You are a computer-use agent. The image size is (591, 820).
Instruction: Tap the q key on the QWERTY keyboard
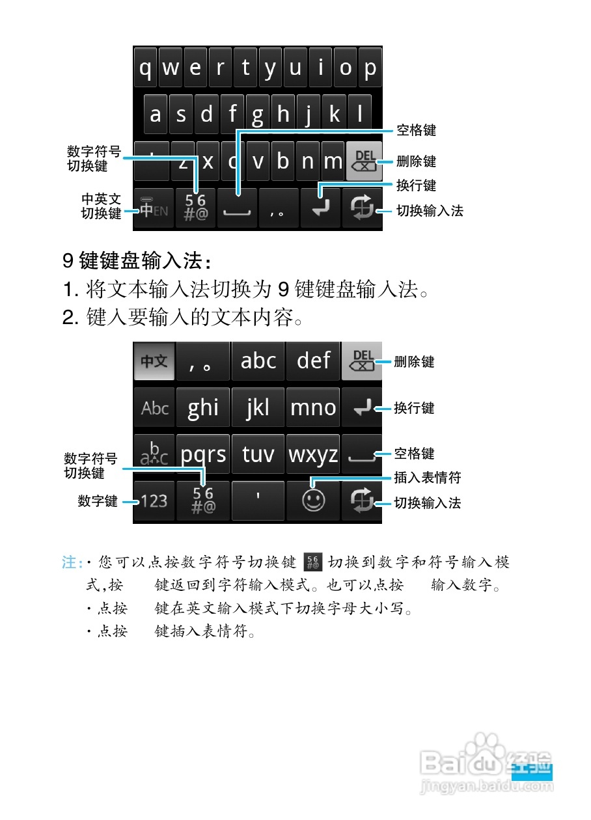tap(146, 67)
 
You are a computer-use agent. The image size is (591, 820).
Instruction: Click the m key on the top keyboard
tap(333, 161)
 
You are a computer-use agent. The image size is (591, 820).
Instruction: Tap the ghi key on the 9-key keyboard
tap(203, 408)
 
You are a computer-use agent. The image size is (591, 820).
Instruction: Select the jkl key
tap(258, 408)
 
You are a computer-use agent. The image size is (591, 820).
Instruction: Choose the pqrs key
tap(203, 454)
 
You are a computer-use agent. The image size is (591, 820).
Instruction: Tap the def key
tap(314, 361)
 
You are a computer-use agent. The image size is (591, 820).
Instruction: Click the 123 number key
tap(154, 501)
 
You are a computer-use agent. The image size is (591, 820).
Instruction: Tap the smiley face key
tap(314, 500)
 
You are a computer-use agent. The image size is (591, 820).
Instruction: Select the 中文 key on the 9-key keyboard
tap(154, 361)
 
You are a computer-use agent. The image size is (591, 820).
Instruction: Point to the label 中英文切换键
tap(102, 206)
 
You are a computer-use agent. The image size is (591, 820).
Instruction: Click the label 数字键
tap(98, 501)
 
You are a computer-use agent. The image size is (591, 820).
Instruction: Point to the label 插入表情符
tap(428, 478)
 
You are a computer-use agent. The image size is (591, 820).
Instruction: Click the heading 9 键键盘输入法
tap(137, 262)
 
